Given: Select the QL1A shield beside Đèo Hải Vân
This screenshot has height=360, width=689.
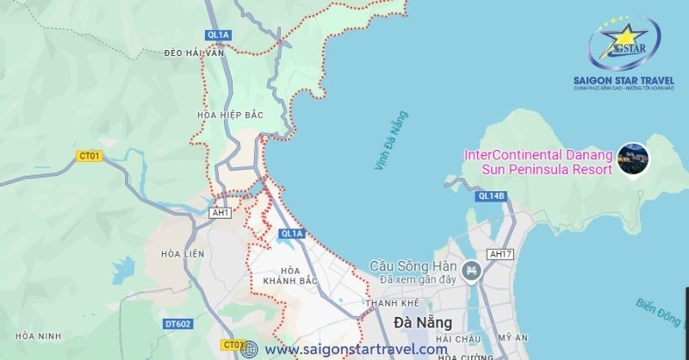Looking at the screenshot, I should (x=219, y=34).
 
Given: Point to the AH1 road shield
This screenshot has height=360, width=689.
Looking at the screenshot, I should (x=220, y=212).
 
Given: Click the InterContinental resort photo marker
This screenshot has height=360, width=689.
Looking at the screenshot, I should (x=634, y=157).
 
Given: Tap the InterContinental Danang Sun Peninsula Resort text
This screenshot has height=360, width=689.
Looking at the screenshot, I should (x=538, y=163).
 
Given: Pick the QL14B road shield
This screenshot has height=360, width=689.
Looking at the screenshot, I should (x=491, y=196).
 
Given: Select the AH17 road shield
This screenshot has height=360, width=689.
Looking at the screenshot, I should (x=499, y=254).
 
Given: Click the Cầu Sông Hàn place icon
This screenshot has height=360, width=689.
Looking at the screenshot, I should (x=470, y=272).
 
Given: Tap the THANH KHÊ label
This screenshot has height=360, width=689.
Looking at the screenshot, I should (x=392, y=303).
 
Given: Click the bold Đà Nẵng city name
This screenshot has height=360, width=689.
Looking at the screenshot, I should (x=418, y=323).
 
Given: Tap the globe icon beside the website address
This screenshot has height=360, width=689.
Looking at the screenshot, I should (x=250, y=349).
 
